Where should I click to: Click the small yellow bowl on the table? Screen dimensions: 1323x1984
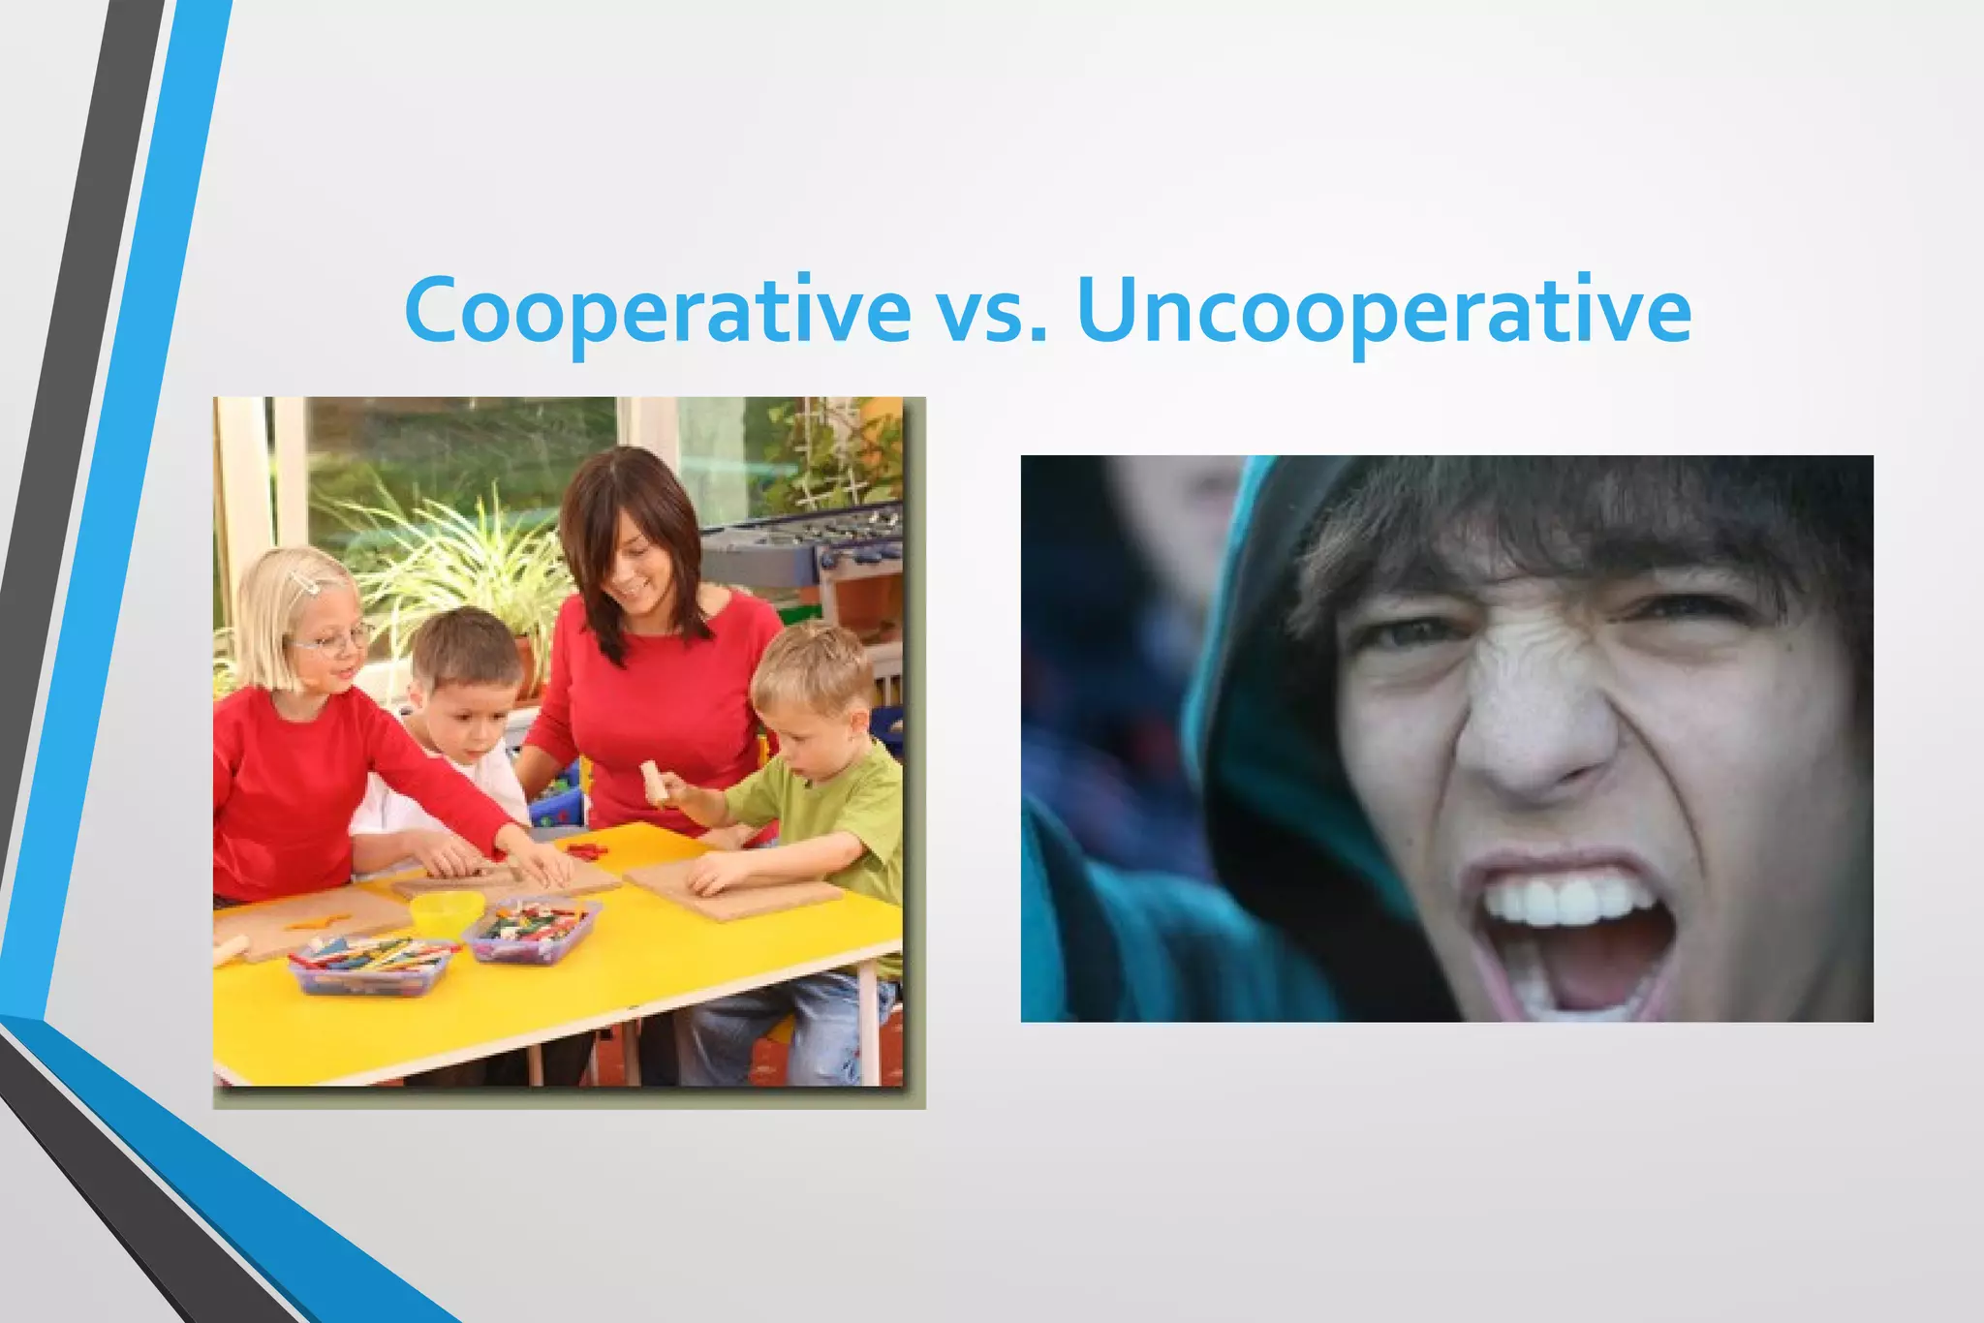(x=447, y=912)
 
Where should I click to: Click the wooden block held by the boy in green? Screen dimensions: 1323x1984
(x=655, y=782)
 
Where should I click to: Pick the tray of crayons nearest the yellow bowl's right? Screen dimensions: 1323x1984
(x=532, y=927)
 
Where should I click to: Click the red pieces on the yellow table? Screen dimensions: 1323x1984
(x=587, y=851)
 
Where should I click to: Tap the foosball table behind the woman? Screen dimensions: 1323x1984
(x=804, y=552)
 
